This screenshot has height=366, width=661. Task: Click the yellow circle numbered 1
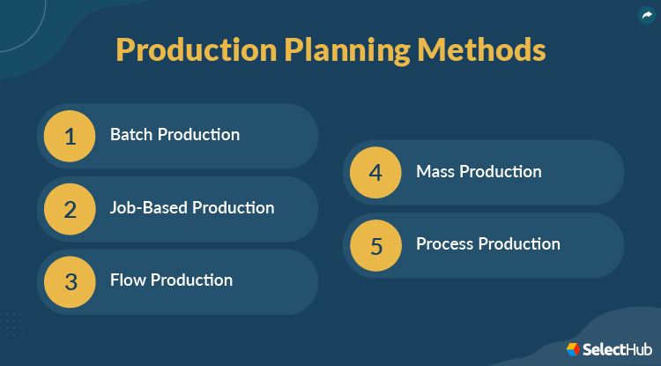coord(71,136)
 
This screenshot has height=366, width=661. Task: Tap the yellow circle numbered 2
coord(71,209)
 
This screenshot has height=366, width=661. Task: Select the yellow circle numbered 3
coord(71,281)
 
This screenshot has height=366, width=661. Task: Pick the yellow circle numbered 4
coord(376,172)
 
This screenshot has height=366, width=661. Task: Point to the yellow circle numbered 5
coord(376,245)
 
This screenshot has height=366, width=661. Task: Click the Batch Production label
coord(175,135)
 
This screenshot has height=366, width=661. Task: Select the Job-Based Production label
coord(192,208)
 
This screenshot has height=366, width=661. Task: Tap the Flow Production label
coord(171,280)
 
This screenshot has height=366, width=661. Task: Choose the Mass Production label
coord(479,171)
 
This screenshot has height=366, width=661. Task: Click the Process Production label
coord(487,244)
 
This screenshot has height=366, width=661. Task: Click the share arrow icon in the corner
coord(646,15)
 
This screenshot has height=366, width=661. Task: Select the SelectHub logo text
coord(617,350)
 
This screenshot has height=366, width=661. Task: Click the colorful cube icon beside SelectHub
coord(572,350)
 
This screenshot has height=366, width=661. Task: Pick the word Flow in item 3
coord(128,280)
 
